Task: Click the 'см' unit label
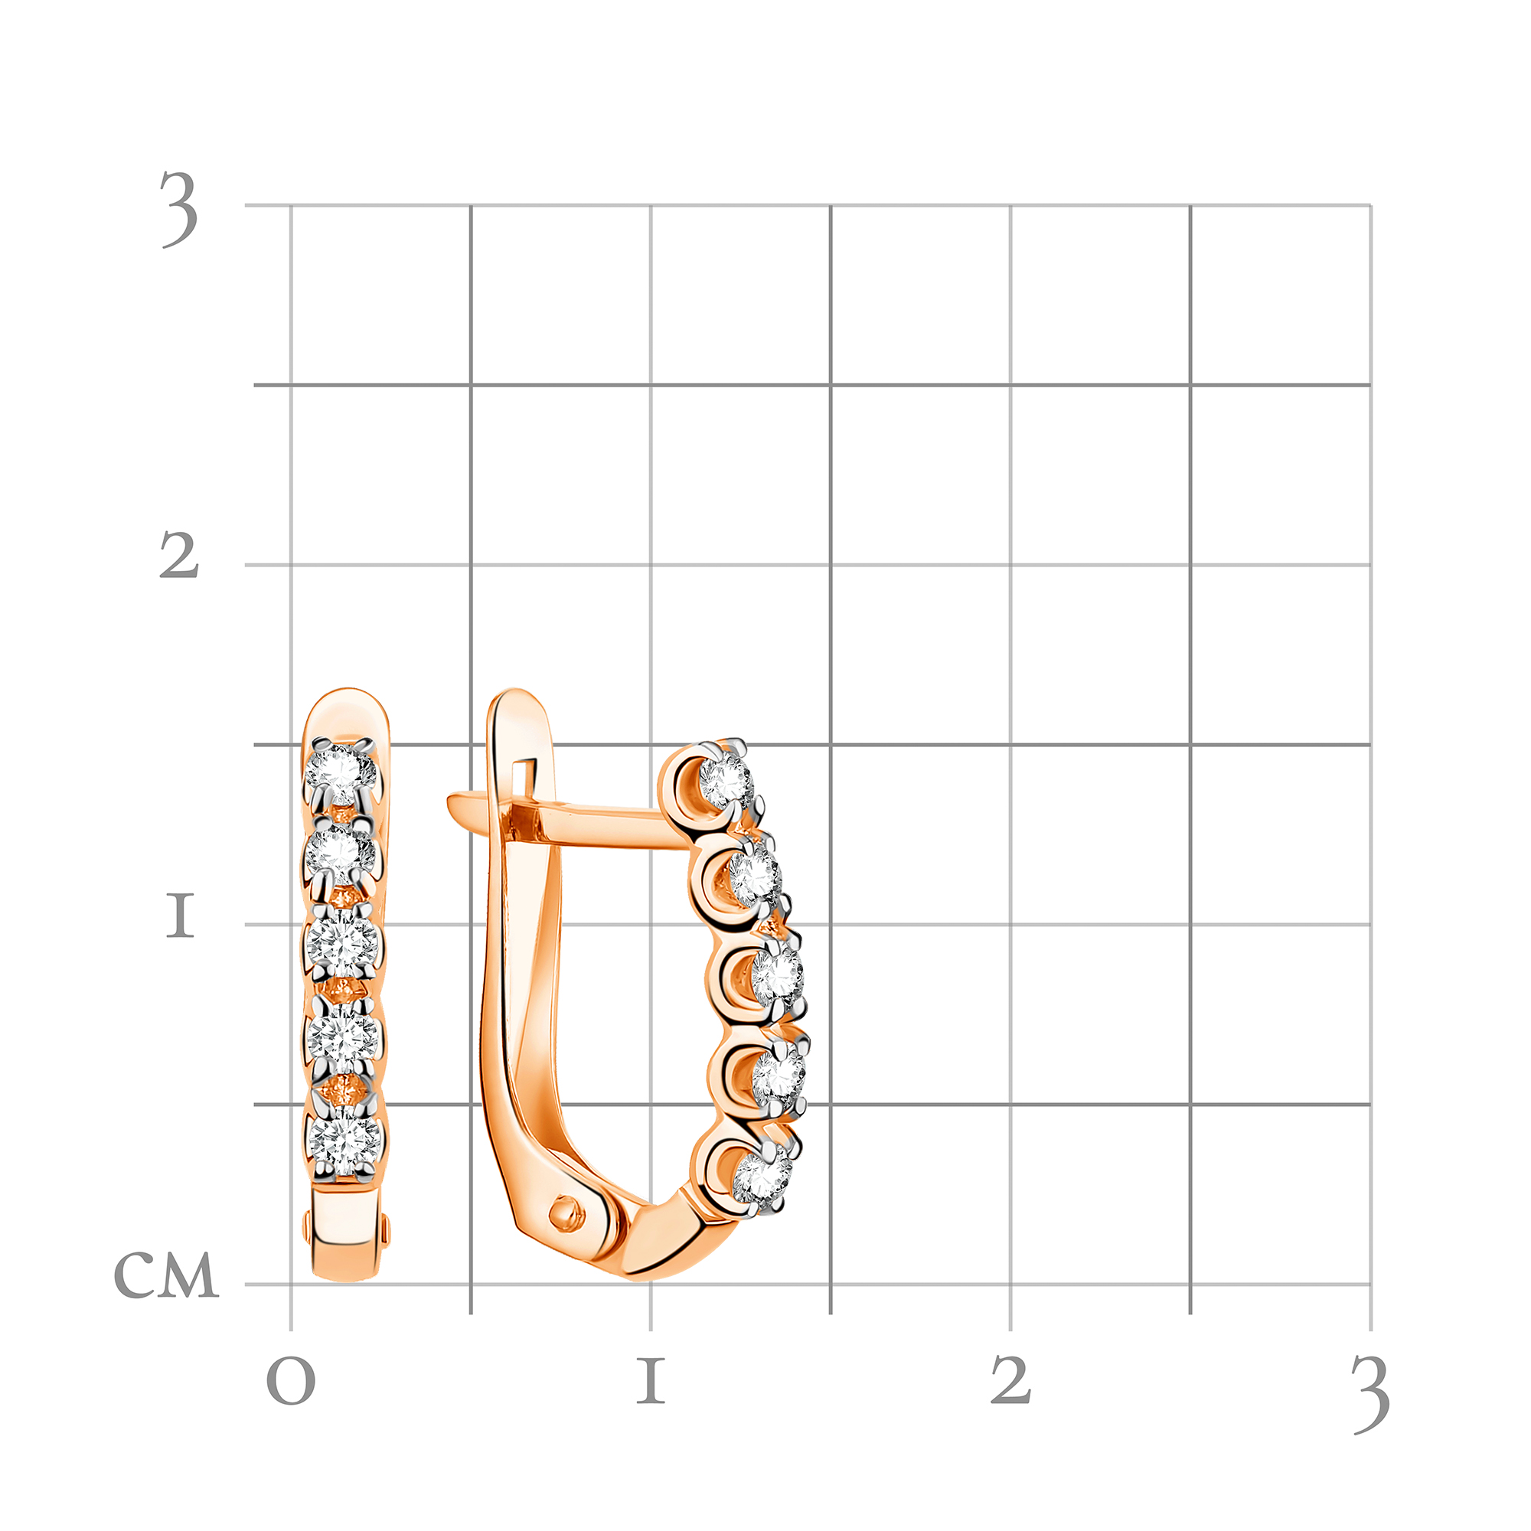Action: (166, 1276)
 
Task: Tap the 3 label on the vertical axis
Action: (179, 209)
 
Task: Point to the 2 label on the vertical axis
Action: (179, 555)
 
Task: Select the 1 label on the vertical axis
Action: (180, 916)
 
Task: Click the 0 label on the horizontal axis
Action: (291, 1381)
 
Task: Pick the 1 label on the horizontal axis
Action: (651, 1380)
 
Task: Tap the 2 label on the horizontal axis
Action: (1011, 1379)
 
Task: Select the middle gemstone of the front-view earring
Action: (342, 943)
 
